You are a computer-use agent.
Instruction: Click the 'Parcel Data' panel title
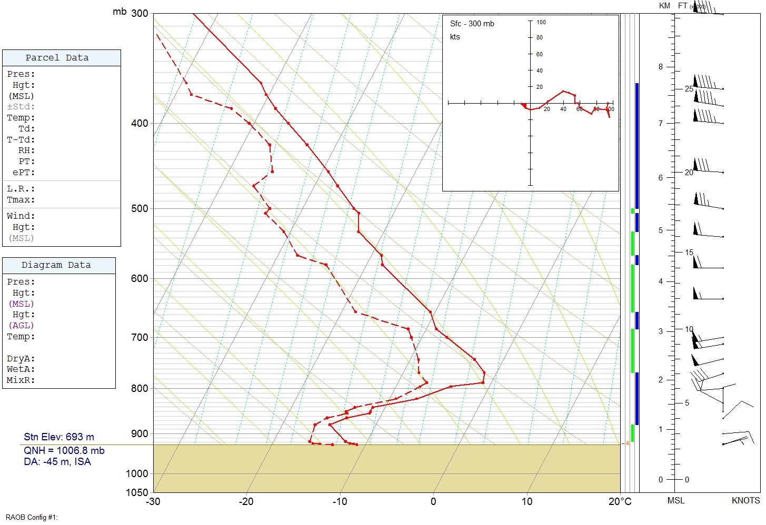coord(57,58)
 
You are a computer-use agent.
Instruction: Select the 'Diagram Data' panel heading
coord(56,265)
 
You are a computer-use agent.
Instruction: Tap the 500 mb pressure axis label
coord(140,209)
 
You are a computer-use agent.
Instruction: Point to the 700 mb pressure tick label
coord(140,337)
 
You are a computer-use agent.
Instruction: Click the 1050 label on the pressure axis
coord(137,493)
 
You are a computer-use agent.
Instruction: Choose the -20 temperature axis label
coord(246,502)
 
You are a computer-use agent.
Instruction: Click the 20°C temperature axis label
coord(620,502)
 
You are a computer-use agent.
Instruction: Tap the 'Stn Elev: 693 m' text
coord(59,437)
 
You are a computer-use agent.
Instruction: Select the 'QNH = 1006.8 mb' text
coord(64,451)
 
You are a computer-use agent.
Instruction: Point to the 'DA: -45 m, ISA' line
coord(57,462)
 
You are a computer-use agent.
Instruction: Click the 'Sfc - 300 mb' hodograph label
coord(472,24)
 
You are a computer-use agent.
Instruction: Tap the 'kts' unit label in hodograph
coord(455,37)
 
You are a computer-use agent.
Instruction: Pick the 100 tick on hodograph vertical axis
coord(541,22)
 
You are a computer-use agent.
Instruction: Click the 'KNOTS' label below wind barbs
coord(745,501)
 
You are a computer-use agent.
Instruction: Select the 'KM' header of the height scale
coord(664,6)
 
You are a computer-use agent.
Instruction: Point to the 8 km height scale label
coord(661,67)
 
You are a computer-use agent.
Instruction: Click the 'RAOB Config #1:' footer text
coord(32,518)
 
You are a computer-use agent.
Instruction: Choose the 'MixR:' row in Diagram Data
coord(21,380)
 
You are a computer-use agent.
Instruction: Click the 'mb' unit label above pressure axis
coord(120,12)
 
